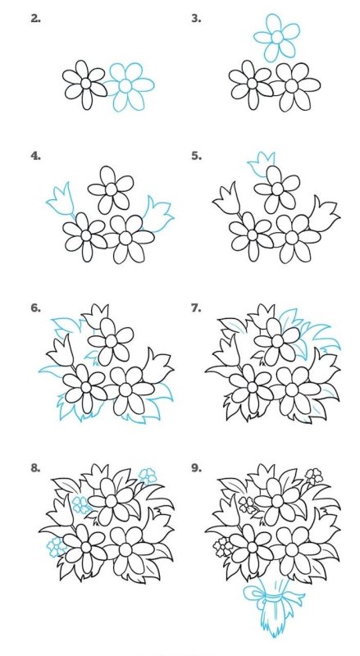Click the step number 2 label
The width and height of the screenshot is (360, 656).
[35, 18]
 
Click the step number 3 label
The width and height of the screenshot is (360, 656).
[196, 18]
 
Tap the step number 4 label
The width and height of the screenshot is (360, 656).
[35, 156]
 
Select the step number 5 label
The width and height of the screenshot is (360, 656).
[196, 156]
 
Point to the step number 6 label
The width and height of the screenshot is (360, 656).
[35, 308]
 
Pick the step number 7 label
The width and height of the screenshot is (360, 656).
[196, 308]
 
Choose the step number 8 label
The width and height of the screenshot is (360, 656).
[35, 467]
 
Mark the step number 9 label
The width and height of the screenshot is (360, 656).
[196, 467]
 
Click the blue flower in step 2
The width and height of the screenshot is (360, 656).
[129, 87]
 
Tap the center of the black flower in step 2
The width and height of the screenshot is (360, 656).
[86, 84]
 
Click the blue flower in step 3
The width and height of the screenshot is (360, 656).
[276, 37]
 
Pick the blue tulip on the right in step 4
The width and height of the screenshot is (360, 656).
[157, 214]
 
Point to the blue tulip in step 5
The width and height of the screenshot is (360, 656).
[262, 163]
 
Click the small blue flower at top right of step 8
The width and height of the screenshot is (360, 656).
[148, 476]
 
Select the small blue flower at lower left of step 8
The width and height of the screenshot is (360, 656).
[56, 547]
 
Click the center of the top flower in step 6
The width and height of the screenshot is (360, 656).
[111, 341]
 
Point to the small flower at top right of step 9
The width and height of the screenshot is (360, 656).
[313, 476]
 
